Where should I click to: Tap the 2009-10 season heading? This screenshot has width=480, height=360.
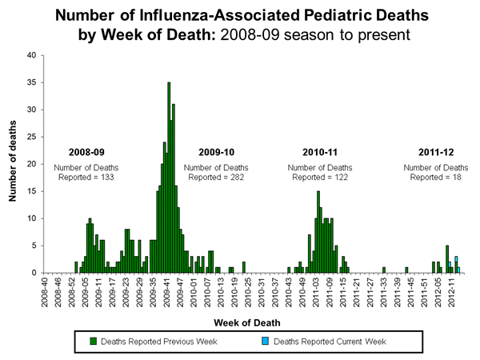(217, 152)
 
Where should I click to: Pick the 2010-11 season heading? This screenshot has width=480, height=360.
(320, 152)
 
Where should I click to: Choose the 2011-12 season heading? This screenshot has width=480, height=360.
(435, 152)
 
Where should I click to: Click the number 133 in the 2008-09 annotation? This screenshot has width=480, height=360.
(106, 176)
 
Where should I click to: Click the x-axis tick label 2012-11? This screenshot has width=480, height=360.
(452, 293)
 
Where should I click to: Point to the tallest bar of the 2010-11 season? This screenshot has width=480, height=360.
(318, 232)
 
